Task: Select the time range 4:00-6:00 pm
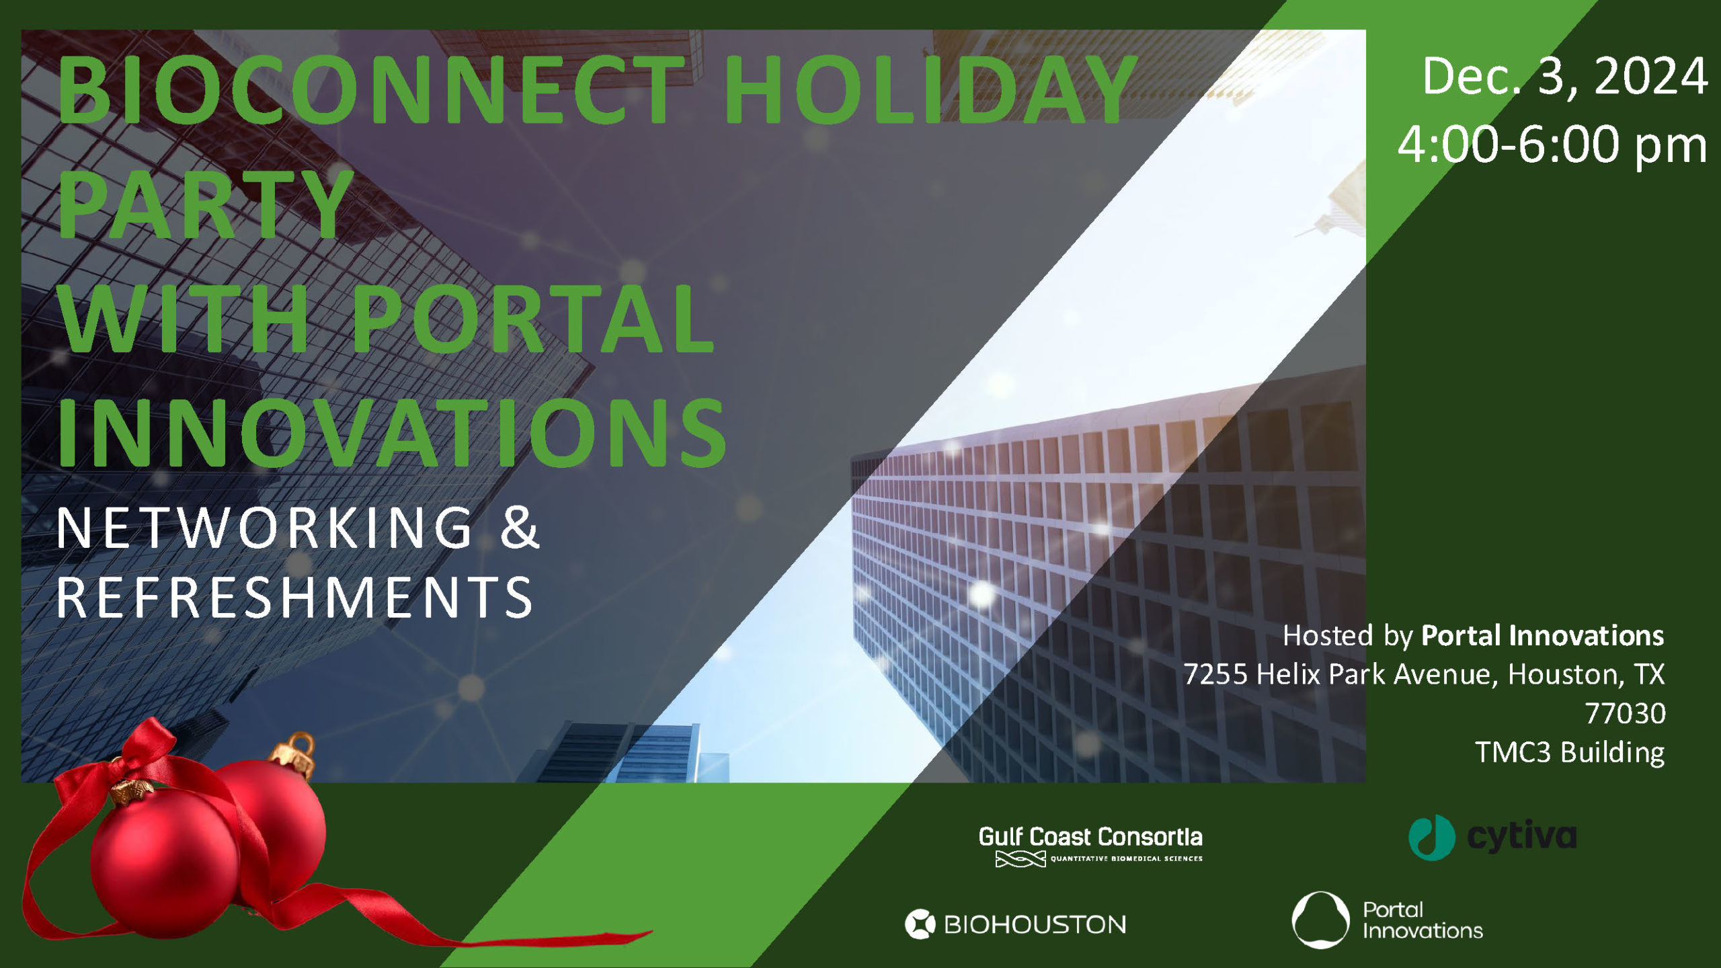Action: (x=1552, y=145)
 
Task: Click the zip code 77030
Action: (x=1625, y=713)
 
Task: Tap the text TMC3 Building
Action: (x=1570, y=752)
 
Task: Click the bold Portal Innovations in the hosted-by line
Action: (x=1542, y=636)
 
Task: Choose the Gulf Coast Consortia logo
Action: (x=1090, y=846)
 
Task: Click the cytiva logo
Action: (x=1492, y=838)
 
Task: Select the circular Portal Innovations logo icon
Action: (x=1320, y=920)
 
